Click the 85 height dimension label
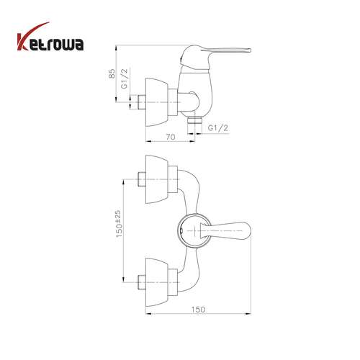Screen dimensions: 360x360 112,73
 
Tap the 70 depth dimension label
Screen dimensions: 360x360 171,137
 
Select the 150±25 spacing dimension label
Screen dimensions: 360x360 119,224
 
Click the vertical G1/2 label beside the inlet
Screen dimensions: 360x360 125,78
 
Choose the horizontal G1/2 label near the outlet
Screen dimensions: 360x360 218,128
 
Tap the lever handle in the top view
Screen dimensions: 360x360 225,230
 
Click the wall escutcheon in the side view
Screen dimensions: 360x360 157,102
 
